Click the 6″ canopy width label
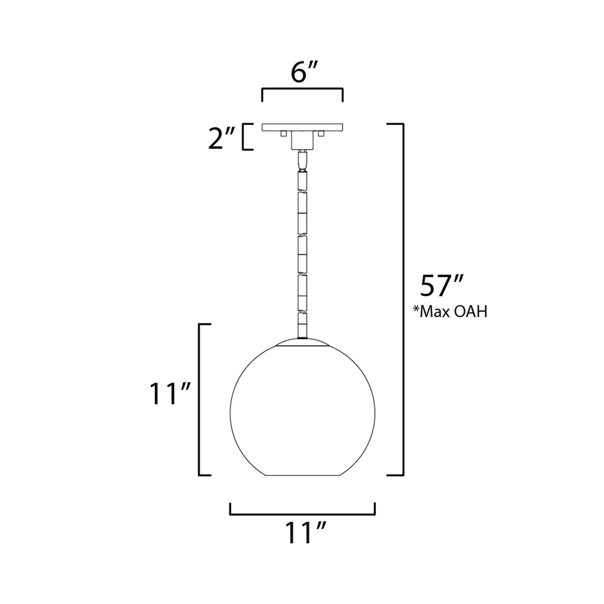tap(302, 73)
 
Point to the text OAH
tap(471, 312)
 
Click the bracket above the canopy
tap(302, 89)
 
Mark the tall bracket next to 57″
tap(402, 299)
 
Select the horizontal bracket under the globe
tap(302, 514)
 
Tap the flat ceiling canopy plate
tap(302, 127)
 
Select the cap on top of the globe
tap(302, 342)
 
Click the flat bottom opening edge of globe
tap(302, 476)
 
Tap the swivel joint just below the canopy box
tap(302, 159)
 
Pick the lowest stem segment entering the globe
tap(302, 326)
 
